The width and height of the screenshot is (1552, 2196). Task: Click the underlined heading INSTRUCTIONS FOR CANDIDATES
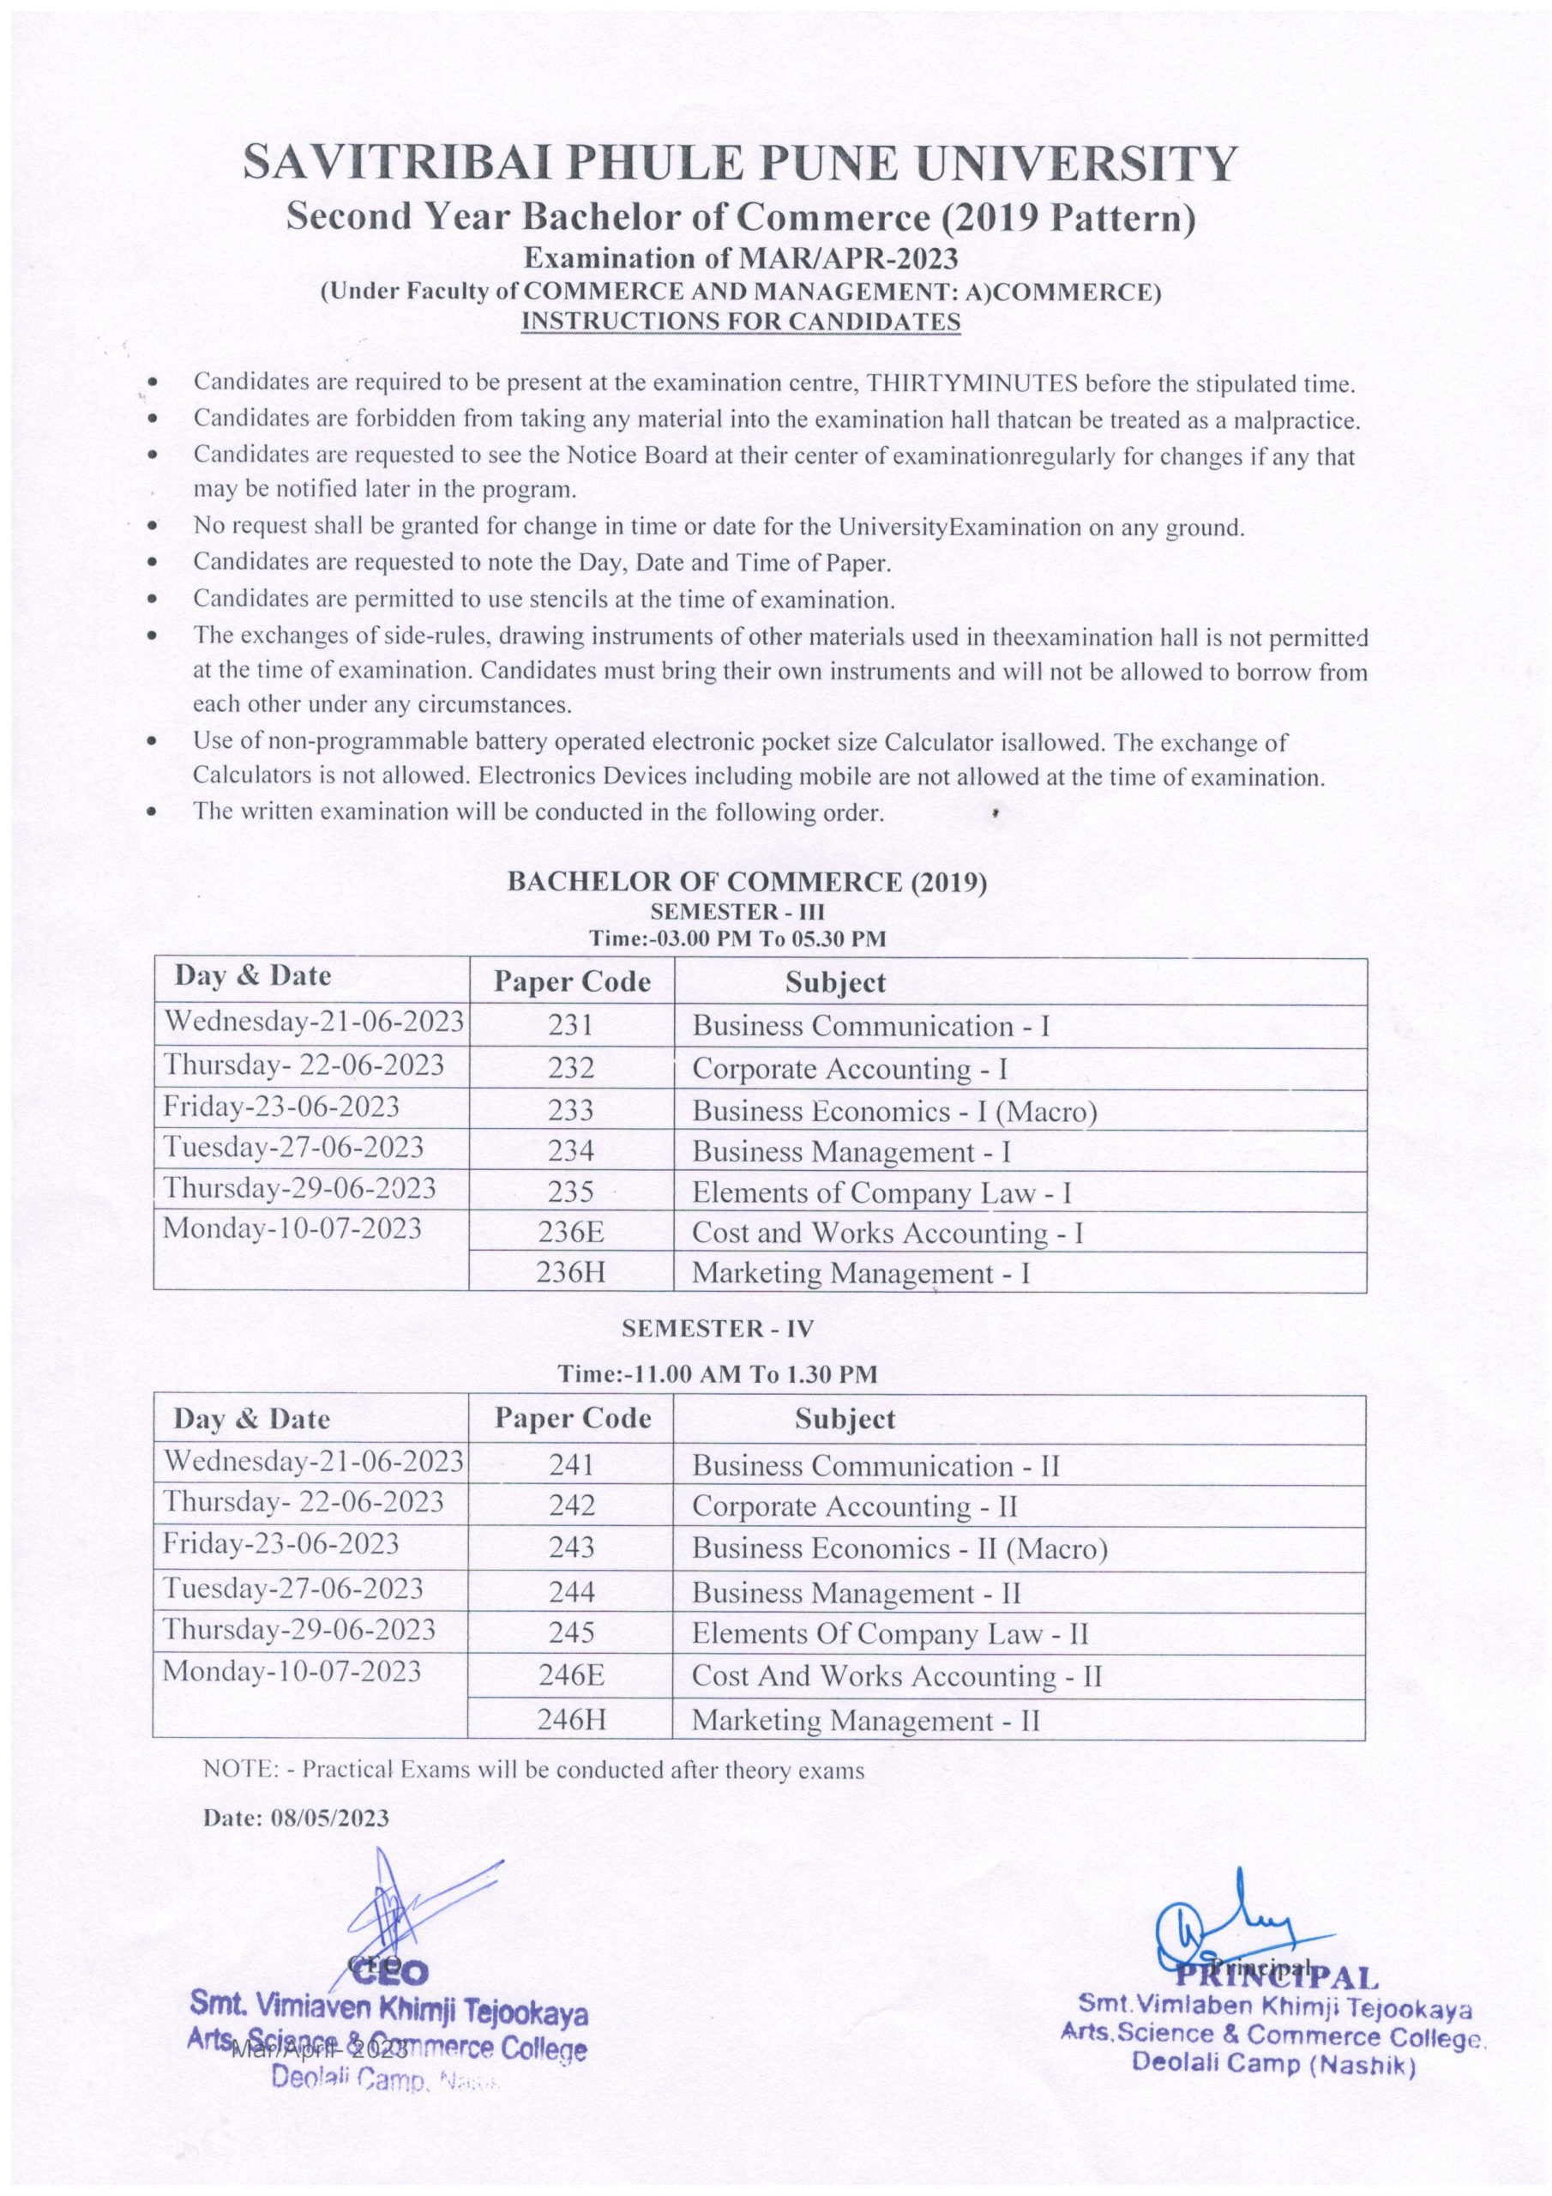[739, 322]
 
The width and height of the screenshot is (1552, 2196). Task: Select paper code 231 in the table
[571, 1025]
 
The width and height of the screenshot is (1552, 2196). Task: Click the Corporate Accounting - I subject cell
[849, 1068]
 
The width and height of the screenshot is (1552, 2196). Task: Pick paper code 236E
[571, 1233]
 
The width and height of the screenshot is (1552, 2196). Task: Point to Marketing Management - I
[861, 1273]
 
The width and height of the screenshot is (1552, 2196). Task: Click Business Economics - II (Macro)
[899, 1548]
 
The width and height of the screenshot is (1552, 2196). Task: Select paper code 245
[571, 1632]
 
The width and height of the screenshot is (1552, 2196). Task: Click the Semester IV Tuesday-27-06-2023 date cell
[293, 1589]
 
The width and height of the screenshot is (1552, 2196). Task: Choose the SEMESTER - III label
[737, 912]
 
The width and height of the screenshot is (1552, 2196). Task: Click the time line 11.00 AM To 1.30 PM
[717, 1374]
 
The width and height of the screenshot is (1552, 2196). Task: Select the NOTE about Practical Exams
[533, 1771]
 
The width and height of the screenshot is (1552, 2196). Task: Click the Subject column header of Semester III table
[835, 982]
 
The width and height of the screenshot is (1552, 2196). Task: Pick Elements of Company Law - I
[881, 1192]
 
